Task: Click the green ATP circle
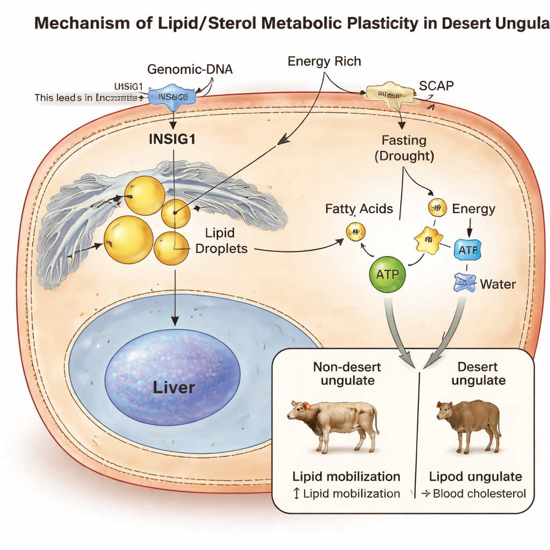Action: pos(387,274)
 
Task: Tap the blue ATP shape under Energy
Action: pos(467,250)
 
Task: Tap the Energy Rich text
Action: pos(324,61)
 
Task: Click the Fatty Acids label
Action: pos(359,208)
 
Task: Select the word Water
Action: pos(498,284)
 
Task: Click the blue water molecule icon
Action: pos(465,283)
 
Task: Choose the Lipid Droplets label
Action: pos(226,241)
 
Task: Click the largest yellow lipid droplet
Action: pos(128,240)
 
